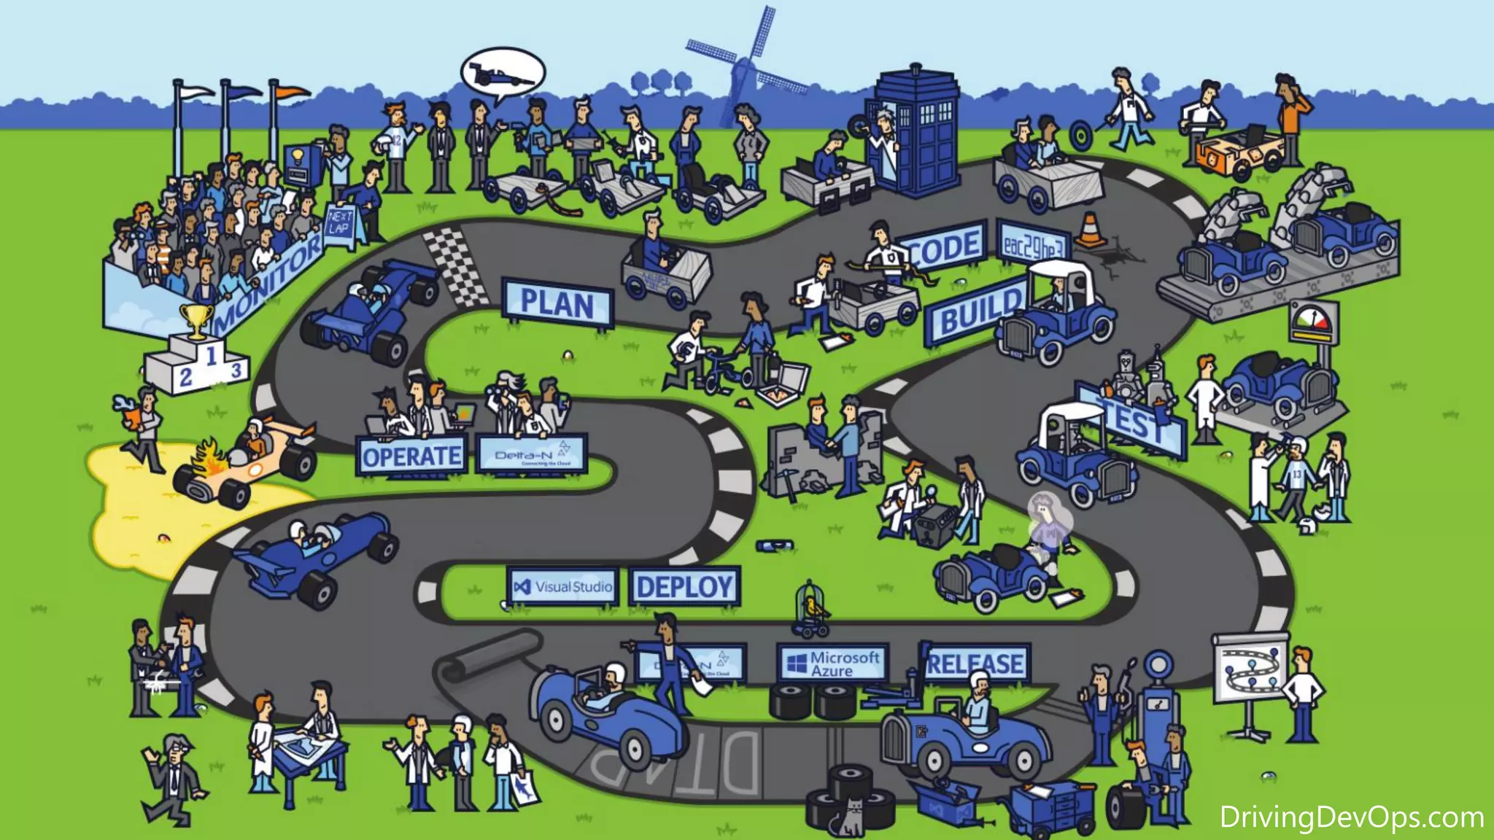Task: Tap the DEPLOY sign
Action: [x=684, y=586]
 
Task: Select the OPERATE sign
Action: [x=411, y=456]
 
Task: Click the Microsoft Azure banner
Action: [x=832, y=664]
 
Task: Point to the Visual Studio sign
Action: [x=563, y=586]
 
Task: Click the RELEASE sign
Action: [x=976, y=664]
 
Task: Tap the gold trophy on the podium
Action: [x=196, y=319]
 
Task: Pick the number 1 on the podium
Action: [x=211, y=357]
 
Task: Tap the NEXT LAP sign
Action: [x=339, y=222]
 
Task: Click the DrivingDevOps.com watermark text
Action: [x=1352, y=817]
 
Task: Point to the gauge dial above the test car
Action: [x=1313, y=321]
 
